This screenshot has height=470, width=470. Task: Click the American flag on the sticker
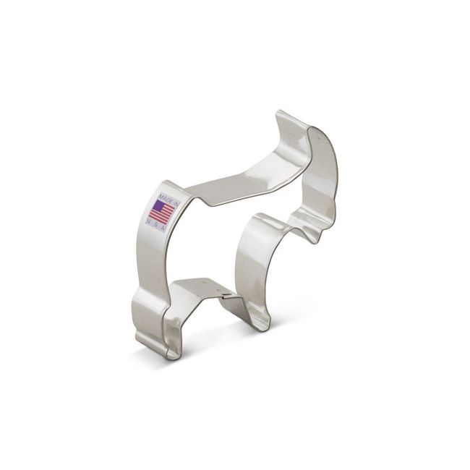coord(162,212)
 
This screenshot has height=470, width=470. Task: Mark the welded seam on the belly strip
coord(226,295)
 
